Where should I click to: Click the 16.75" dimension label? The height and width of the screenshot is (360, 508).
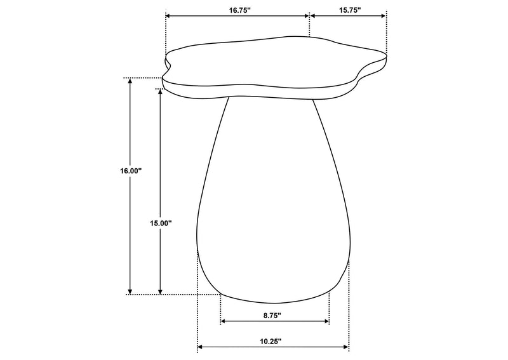[240, 10]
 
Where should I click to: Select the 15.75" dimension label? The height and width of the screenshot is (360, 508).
[350, 10]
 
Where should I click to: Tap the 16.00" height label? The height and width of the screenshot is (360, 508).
[131, 171]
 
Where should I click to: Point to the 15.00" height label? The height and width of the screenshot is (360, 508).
[161, 223]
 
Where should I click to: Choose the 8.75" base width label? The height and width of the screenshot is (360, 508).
[272, 316]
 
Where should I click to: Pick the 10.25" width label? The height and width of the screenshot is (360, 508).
[271, 341]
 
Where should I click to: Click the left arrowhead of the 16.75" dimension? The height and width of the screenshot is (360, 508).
[168, 15]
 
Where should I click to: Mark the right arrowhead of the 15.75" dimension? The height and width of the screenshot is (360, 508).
[384, 15]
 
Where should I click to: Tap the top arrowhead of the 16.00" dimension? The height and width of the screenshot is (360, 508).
[130, 81]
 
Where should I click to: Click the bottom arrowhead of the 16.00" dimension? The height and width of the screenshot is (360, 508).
[130, 291]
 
